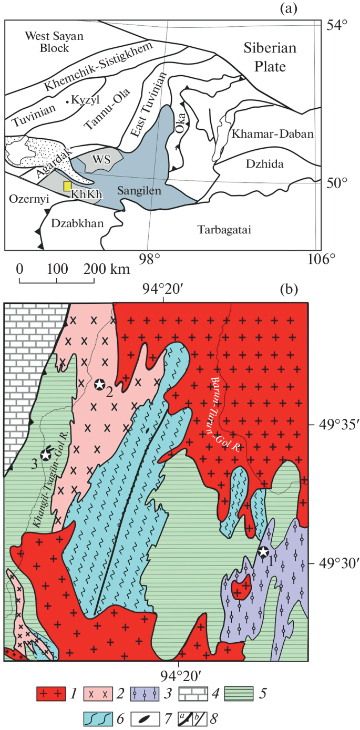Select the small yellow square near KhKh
click(67, 186)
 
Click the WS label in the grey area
click(101, 160)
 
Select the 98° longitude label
click(149, 259)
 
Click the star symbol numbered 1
click(263, 551)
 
